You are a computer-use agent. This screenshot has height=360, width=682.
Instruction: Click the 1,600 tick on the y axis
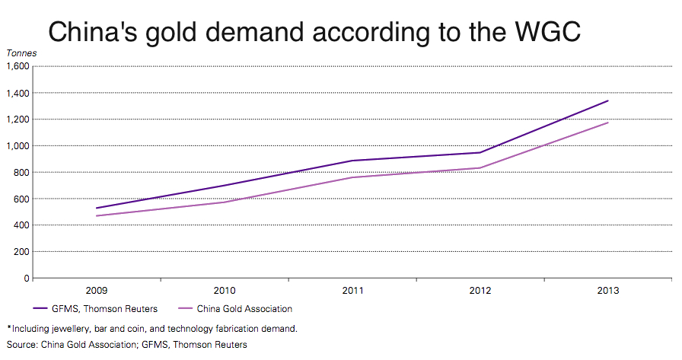pyautogui.click(x=18, y=66)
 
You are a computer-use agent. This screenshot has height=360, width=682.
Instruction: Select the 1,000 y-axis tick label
pyautogui.click(x=18, y=145)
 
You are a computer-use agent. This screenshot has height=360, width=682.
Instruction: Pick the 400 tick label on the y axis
pyautogui.click(x=21, y=225)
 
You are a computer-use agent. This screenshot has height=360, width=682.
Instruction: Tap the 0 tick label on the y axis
pyautogui.click(x=27, y=278)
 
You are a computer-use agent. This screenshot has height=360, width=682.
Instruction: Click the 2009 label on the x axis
pyautogui.click(x=97, y=291)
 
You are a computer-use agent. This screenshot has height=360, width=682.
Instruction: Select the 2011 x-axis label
pyautogui.click(x=352, y=291)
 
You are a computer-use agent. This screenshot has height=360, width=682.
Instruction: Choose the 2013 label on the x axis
pyautogui.click(x=608, y=291)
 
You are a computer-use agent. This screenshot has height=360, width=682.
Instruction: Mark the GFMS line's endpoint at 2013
pyautogui.click(x=608, y=100)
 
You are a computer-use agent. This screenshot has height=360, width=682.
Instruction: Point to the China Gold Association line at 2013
pyautogui.click(x=608, y=123)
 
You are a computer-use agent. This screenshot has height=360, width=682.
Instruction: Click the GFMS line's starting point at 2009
pyautogui.click(x=97, y=208)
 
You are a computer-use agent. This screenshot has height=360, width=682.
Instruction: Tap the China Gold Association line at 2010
pyautogui.click(x=225, y=202)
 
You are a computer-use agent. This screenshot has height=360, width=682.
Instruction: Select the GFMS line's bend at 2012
pyautogui.click(x=480, y=152)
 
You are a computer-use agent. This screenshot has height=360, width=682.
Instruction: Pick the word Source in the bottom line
pyautogui.click(x=21, y=345)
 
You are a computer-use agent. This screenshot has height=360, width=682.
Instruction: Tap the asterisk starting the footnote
pyautogui.click(x=9, y=328)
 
